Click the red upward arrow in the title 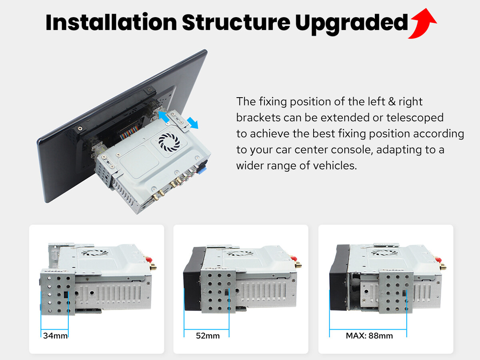423,24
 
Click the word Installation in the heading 111,22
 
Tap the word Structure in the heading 236,22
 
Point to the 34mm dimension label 55,336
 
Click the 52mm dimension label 208,336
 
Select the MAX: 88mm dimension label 369,336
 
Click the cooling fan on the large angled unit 169,142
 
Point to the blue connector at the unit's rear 202,168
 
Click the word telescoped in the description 415,118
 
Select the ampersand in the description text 392,102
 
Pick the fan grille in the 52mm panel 240,253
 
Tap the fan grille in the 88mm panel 384,252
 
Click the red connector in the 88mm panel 438,260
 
